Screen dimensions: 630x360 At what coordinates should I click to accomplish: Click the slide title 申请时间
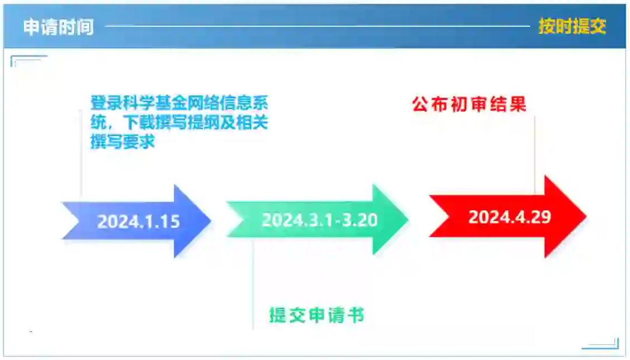58,27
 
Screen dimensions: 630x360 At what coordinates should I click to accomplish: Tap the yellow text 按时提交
572,26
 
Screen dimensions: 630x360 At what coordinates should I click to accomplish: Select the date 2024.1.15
139,221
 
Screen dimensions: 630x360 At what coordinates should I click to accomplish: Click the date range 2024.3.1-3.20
320,220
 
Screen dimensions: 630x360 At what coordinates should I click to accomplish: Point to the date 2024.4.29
510,217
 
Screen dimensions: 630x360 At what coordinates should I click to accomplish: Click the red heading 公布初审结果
469,104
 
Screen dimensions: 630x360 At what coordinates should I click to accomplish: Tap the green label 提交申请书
317,315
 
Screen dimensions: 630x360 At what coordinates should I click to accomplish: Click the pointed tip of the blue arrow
211,220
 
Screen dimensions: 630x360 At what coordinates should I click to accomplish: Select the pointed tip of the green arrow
408,219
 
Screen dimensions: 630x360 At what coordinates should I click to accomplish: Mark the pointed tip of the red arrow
587,216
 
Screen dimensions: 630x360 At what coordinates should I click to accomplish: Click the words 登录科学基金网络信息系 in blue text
179,103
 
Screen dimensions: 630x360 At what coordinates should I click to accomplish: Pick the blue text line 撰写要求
123,141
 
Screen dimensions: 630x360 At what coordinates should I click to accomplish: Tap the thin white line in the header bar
317,26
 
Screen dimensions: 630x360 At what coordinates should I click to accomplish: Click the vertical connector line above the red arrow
535,155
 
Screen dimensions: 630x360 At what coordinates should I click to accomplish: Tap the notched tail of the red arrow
439,216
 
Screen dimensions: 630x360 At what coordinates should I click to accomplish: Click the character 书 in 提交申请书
356,315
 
